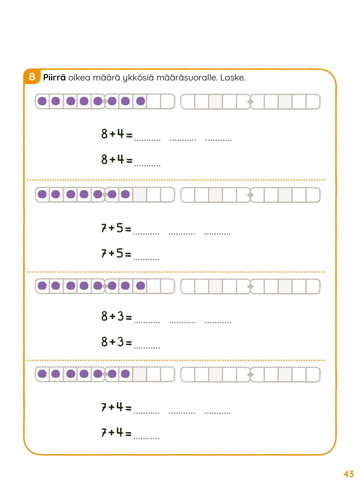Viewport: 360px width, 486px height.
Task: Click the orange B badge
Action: [32, 77]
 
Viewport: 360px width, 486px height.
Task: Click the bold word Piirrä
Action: [54, 77]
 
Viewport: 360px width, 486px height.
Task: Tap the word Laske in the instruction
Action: [233, 77]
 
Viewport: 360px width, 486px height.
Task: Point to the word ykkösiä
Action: [138, 78]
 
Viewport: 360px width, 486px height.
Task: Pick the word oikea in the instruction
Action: [79, 77]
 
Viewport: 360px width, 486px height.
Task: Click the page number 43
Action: [348, 474]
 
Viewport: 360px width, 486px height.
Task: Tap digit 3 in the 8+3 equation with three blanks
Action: [120, 316]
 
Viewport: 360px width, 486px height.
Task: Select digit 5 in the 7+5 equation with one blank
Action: [119, 253]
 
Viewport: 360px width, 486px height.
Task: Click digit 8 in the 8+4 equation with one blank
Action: [105, 159]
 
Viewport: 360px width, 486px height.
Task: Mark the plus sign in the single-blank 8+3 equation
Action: [112, 342]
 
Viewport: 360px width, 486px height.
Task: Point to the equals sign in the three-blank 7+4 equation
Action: [128, 408]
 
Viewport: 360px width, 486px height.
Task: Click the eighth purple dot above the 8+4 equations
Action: [141, 101]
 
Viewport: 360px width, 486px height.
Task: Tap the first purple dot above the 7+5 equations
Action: [42, 194]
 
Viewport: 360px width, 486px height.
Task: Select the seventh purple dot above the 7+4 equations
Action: [125, 374]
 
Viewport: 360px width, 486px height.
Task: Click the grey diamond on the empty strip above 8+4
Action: [250, 102]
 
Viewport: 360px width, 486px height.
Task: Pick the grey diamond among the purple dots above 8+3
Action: [105, 286]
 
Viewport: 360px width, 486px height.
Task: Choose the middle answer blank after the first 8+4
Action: [183, 140]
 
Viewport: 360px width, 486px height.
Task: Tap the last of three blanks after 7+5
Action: [217, 234]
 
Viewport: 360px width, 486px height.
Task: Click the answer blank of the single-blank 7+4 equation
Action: [146, 439]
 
